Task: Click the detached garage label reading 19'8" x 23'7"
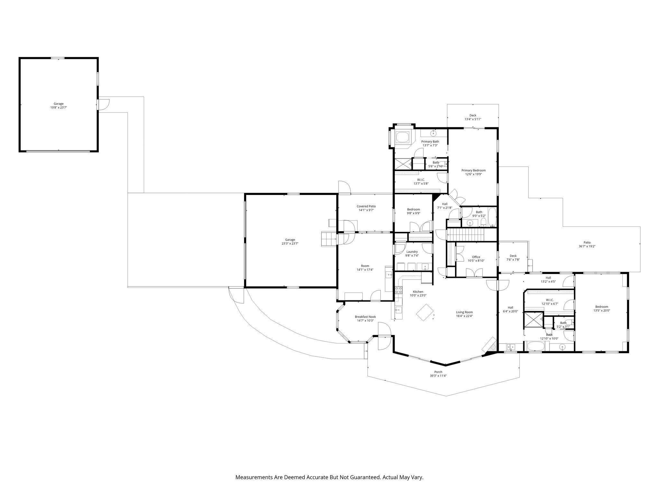pyautogui.click(x=59, y=108)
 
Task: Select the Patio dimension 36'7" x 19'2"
pyautogui.click(x=587, y=247)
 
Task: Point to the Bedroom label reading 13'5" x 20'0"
pyautogui.click(x=601, y=309)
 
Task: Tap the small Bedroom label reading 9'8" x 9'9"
pyautogui.click(x=413, y=211)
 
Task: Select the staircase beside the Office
pyautogui.click(x=466, y=234)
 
